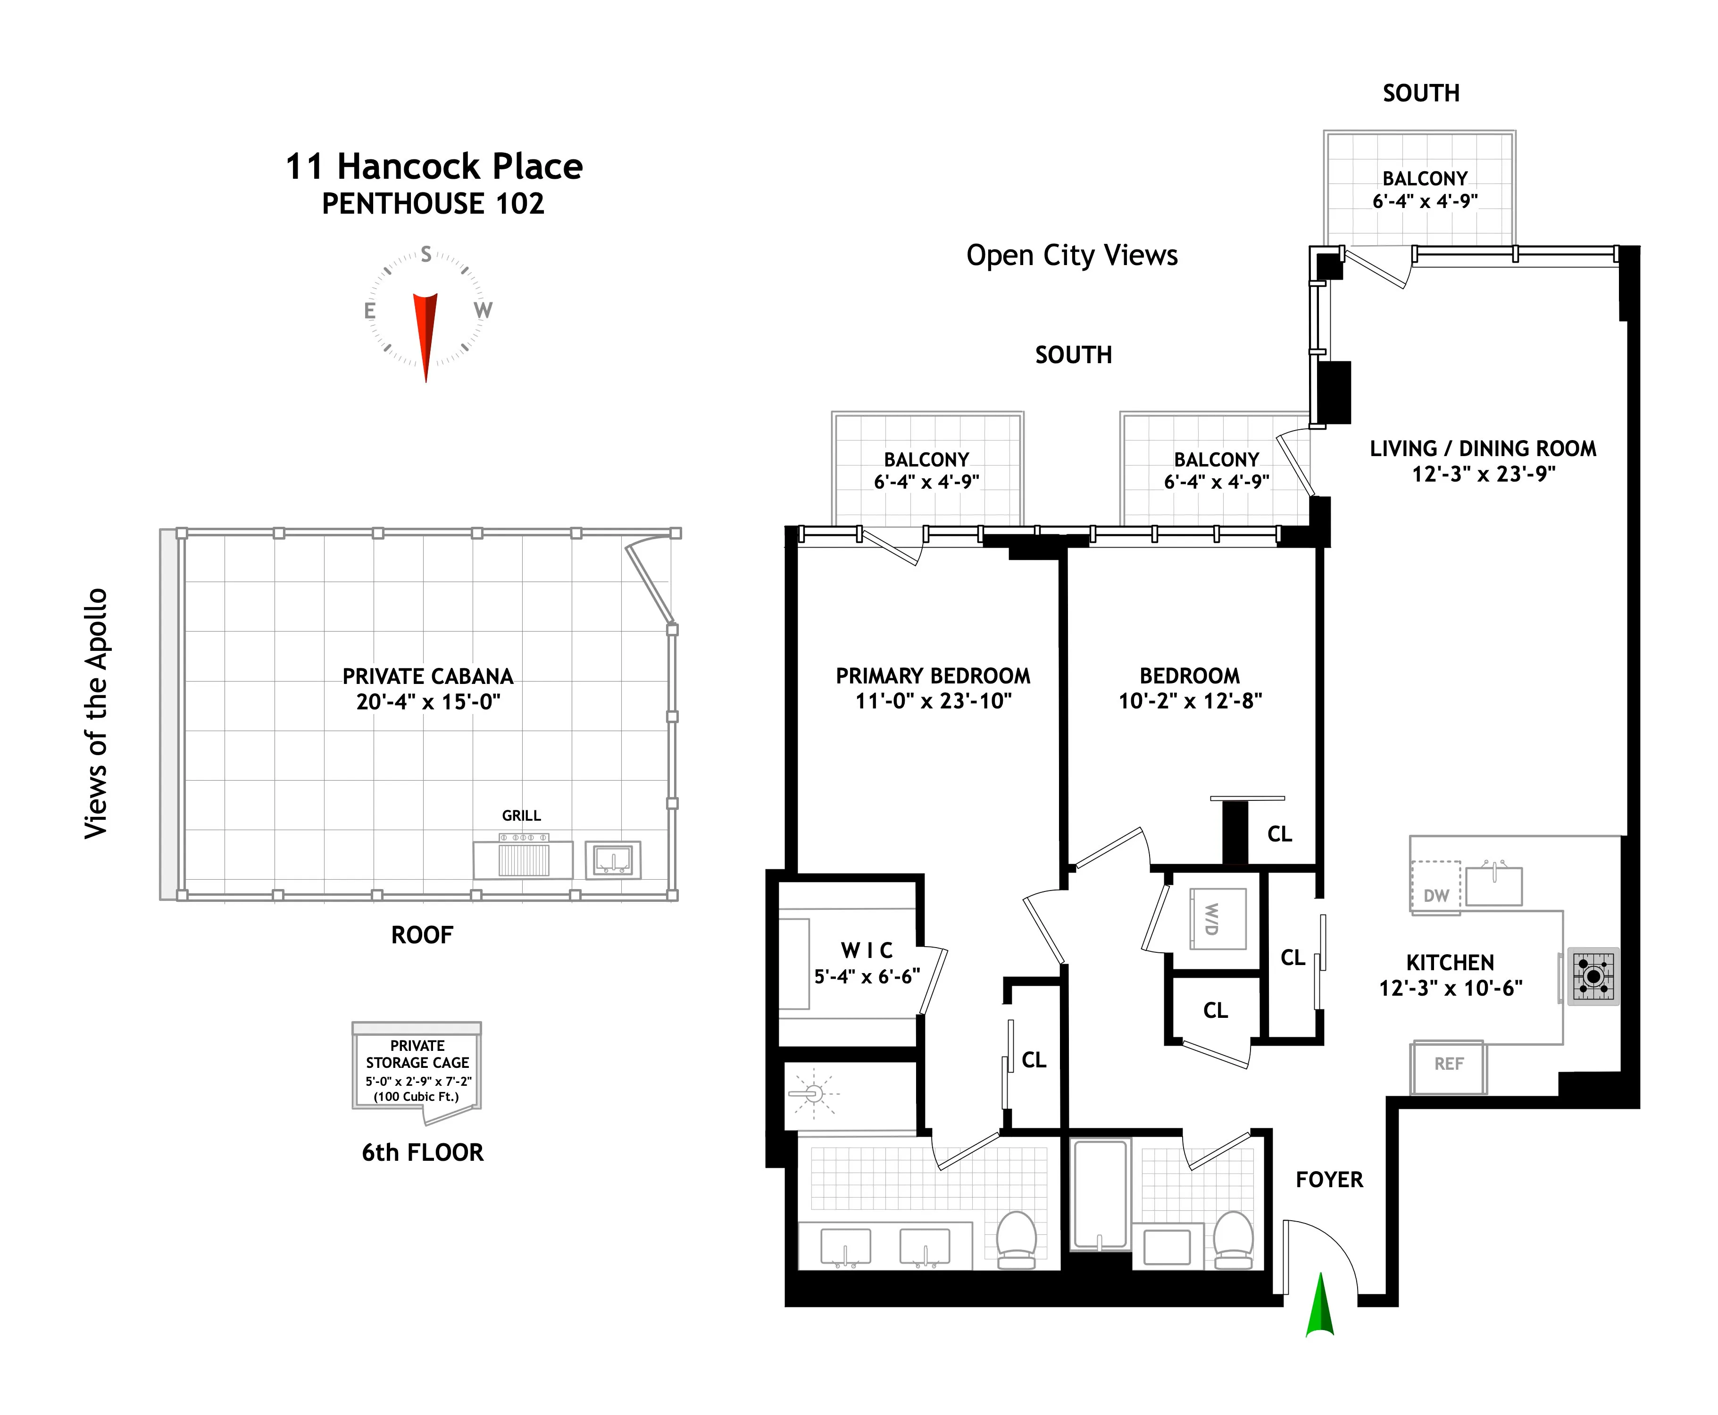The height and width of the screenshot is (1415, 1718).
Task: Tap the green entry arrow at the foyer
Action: (1319, 1306)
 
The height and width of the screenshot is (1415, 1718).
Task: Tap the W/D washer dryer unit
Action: (1218, 919)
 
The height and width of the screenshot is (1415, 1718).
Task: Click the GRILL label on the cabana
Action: (521, 815)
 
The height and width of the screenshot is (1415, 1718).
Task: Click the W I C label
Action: (867, 950)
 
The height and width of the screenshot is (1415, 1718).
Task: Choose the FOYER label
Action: (1329, 1180)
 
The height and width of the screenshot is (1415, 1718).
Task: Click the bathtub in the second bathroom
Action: (1100, 1194)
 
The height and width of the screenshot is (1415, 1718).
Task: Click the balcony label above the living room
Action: (1425, 178)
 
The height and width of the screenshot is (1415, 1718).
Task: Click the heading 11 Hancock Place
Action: (434, 167)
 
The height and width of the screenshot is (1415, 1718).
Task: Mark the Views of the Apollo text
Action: (96, 713)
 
